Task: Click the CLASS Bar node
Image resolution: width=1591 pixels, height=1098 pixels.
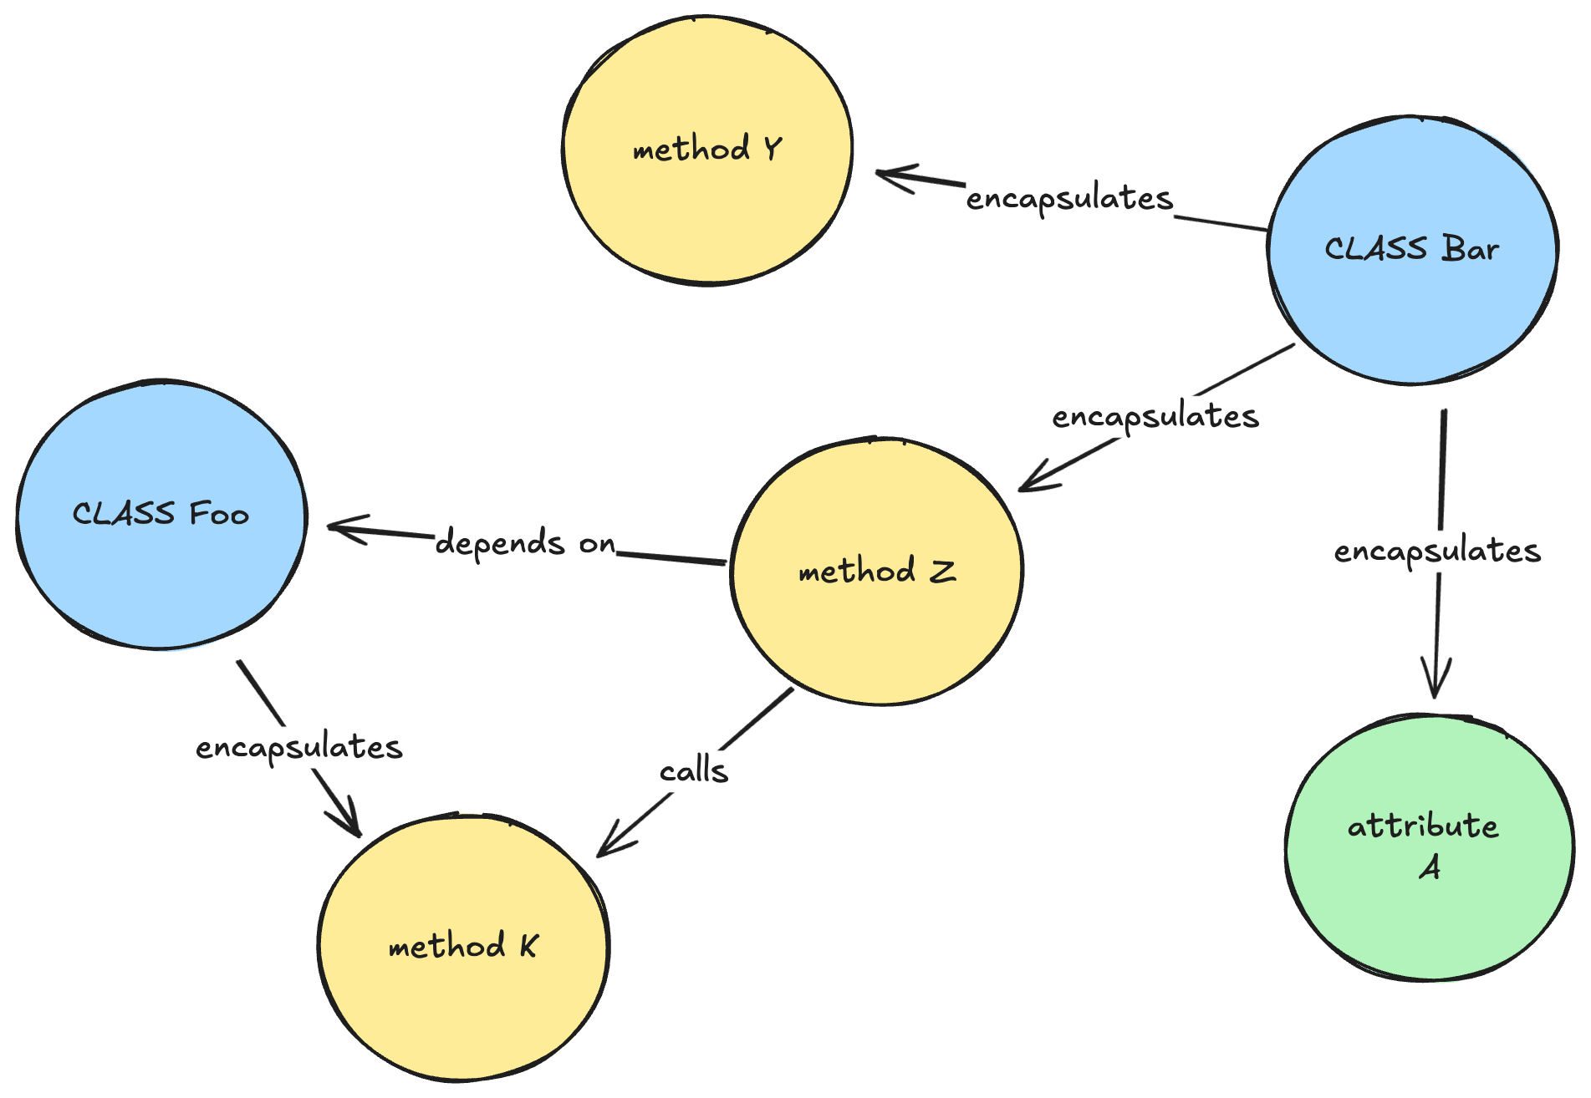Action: pyautogui.click(x=1412, y=250)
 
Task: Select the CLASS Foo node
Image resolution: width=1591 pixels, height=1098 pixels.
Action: pyautogui.click(x=161, y=514)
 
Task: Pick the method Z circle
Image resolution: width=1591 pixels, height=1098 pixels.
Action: pyautogui.click(x=876, y=572)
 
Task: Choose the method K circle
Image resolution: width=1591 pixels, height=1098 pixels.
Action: pyautogui.click(x=463, y=947)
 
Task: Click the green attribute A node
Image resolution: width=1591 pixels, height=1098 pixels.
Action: pyautogui.click(x=1429, y=847)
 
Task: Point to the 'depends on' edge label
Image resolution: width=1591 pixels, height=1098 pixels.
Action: pyautogui.click(x=525, y=543)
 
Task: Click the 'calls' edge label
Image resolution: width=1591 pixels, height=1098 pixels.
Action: pyautogui.click(x=693, y=770)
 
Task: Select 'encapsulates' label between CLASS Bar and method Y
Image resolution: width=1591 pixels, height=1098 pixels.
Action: pyautogui.click(x=1069, y=199)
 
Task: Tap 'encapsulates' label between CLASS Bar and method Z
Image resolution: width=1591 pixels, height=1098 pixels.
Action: pyautogui.click(x=1155, y=416)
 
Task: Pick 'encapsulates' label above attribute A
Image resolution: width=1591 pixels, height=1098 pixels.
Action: pyautogui.click(x=1436, y=551)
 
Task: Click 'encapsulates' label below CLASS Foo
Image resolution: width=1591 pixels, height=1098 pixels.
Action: pyautogui.click(x=298, y=747)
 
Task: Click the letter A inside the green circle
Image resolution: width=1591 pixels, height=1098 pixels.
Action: pyautogui.click(x=1430, y=868)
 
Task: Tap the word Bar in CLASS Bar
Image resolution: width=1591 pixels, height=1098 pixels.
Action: pyautogui.click(x=1470, y=250)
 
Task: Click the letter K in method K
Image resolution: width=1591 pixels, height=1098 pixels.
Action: pyautogui.click(x=528, y=946)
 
